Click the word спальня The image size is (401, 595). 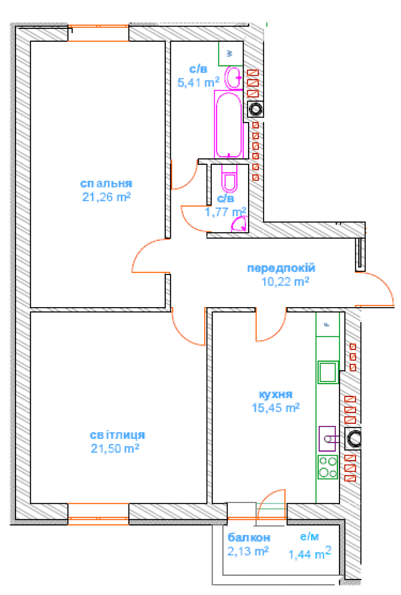point(106,183)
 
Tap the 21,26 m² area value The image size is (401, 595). point(106,197)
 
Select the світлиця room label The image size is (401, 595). point(117,435)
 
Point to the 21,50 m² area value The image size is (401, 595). point(115,448)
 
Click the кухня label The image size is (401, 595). point(276,395)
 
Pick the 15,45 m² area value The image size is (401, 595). point(276,408)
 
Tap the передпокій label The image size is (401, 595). point(281,268)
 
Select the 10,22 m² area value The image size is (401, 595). point(285,281)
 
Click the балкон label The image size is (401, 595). point(249,538)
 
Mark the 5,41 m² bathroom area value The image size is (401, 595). point(198,82)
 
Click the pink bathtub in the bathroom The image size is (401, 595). point(229,124)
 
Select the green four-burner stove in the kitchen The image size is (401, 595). point(328,467)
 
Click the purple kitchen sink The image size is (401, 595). point(328,439)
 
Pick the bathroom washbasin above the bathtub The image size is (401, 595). point(233,77)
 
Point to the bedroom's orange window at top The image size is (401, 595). point(98,33)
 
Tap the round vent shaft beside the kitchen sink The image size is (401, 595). point(353,438)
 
